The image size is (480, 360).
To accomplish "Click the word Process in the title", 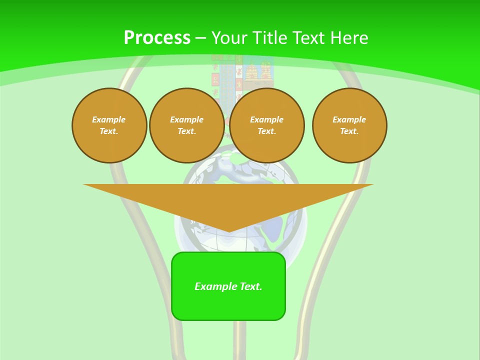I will [x=157, y=38].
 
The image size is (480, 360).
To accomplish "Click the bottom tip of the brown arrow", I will [x=228, y=230].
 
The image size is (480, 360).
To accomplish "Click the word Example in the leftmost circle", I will [x=109, y=119].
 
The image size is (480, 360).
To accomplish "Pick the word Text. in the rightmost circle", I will [x=349, y=131].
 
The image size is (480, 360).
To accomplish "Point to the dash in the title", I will [x=201, y=38].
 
